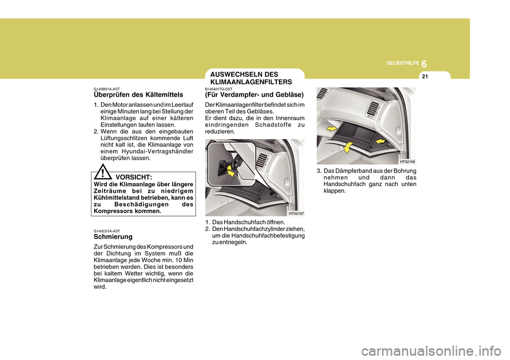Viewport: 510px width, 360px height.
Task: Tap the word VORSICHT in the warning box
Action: point(134,177)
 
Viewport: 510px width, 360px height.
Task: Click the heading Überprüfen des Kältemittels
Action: point(138,95)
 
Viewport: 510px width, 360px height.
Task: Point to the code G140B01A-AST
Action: point(107,89)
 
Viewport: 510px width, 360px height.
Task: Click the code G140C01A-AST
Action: point(107,230)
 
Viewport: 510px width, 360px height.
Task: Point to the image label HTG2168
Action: point(407,161)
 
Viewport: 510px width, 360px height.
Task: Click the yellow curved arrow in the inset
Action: point(231,170)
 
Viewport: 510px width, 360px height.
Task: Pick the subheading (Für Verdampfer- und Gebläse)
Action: point(254,95)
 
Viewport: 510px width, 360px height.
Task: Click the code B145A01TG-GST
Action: point(219,89)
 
